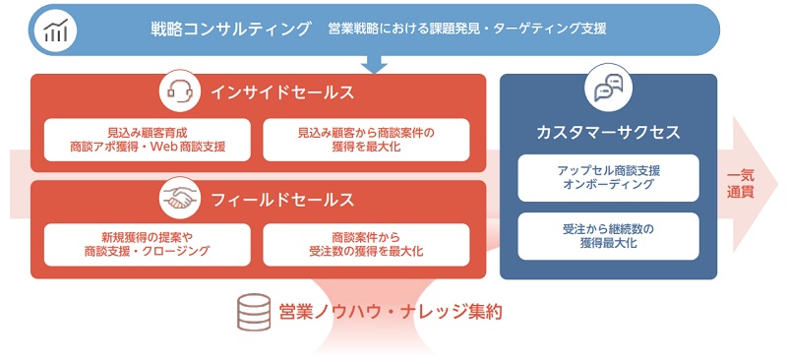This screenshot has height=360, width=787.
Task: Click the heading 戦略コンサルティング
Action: pyautogui.click(x=231, y=29)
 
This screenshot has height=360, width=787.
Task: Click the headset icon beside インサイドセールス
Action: pyautogui.click(x=179, y=92)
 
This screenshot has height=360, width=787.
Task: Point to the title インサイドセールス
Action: pyautogui.click(x=281, y=92)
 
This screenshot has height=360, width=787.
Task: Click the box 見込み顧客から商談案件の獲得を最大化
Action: pyautogui.click(x=366, y=139)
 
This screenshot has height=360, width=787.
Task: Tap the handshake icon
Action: pyautogui.click(x=179, y=200)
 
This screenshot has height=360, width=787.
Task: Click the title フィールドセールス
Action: pyautogui.click(x=281, y=200)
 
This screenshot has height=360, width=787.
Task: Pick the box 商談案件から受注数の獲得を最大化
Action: pyautogui.click(x=366, y=244)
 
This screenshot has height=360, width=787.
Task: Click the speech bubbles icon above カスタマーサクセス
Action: pyautogui.click(x=608, y=90)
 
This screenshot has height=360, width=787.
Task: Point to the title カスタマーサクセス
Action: pyautogui.click(x=607, y=132)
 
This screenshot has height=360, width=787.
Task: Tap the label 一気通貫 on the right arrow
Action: pyautogui.click(x=741, y=183)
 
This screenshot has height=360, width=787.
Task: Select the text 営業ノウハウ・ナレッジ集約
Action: pyautogui.click(x=392, y=313)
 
